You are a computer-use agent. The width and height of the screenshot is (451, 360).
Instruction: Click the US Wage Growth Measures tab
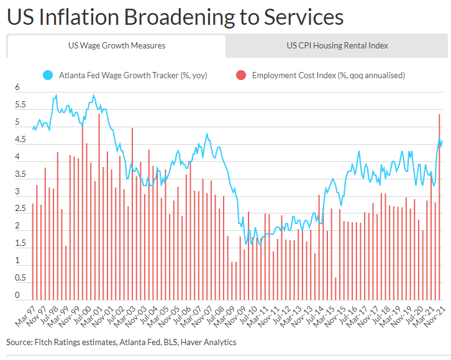(x=117, y=45)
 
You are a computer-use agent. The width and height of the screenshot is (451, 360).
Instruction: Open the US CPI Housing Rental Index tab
(x=337, y=45)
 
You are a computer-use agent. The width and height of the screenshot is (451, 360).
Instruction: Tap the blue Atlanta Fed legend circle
(x=47, y=76)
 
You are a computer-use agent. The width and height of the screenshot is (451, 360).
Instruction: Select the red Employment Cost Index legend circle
(x=240, y=76)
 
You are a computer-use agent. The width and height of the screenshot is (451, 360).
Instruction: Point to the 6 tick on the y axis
(x=17, y=88)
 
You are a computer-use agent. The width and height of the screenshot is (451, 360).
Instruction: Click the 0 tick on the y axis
(x=17, y=295)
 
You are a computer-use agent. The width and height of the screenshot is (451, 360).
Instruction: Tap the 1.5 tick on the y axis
(x=20, y=243)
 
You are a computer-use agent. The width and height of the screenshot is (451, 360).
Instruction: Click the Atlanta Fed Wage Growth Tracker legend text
(x=133, y=76)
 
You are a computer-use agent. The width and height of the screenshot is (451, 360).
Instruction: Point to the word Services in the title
(x=304, y=17)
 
